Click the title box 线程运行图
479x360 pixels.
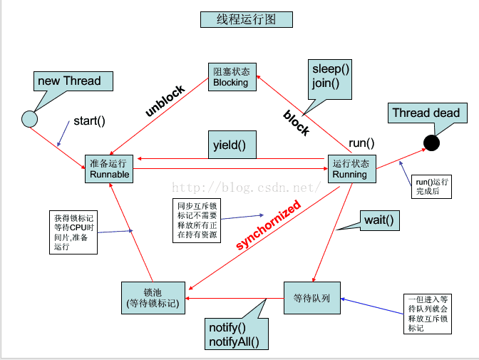(246, 20)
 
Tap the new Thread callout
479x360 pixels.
(69, 80)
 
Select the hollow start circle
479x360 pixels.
(29, 118)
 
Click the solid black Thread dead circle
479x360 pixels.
(431, 143)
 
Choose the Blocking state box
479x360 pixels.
(231, 76)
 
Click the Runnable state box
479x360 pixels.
(110, 168)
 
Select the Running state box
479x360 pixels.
(350, 168)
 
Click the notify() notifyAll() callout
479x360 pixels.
(234, 335)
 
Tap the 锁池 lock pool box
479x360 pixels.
(152, 298)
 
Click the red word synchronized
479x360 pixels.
(268, 225)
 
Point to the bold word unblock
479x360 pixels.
(165, 101)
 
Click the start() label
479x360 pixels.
(89, 120)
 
